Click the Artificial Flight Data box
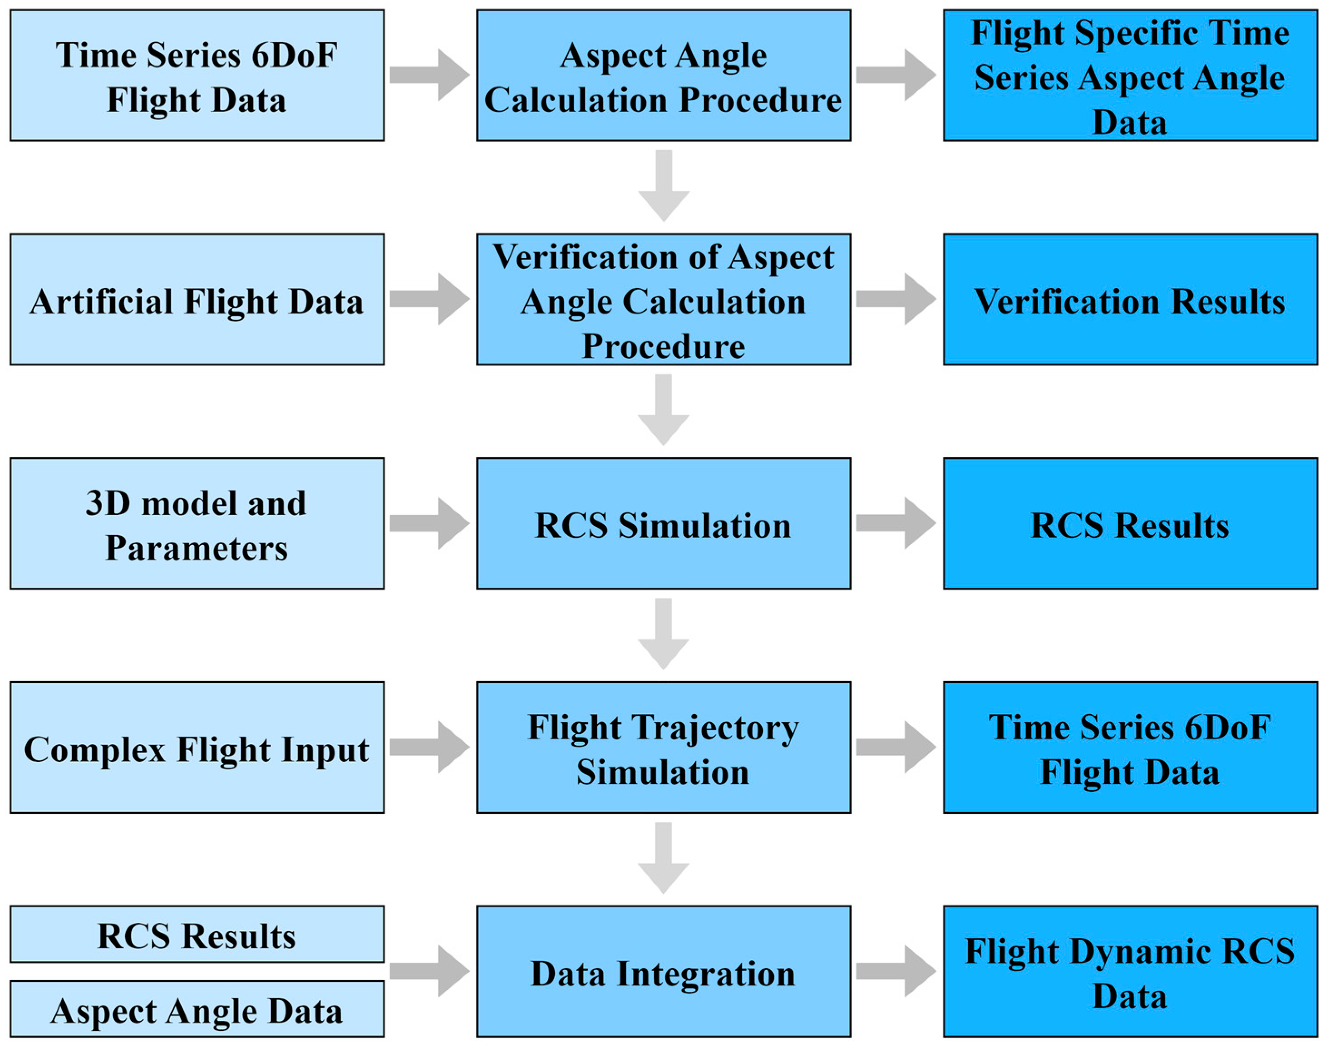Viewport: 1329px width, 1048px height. coord(197,300)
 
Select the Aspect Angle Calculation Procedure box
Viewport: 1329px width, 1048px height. coord(663,75)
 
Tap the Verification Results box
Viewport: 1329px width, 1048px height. coord(1130,300)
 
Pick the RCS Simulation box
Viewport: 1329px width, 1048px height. coord(663,523)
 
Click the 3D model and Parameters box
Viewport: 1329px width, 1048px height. coord(197,523)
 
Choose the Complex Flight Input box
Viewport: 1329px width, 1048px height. coord(197,748)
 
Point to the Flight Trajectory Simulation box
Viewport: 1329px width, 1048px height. coord(663,748)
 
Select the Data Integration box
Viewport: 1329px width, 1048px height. coord(663,971)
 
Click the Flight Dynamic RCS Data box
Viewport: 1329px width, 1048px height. coord(1130,971)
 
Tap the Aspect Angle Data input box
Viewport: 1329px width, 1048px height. coord(197,1009)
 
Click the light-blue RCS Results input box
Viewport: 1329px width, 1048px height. coord(197,935)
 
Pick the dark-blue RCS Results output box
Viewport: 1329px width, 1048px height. coord(1130,523)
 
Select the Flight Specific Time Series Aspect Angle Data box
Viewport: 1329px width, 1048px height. coord(1130,75)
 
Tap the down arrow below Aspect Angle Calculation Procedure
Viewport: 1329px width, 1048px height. coord(663,184)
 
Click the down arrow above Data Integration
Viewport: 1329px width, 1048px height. coord(663,856)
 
